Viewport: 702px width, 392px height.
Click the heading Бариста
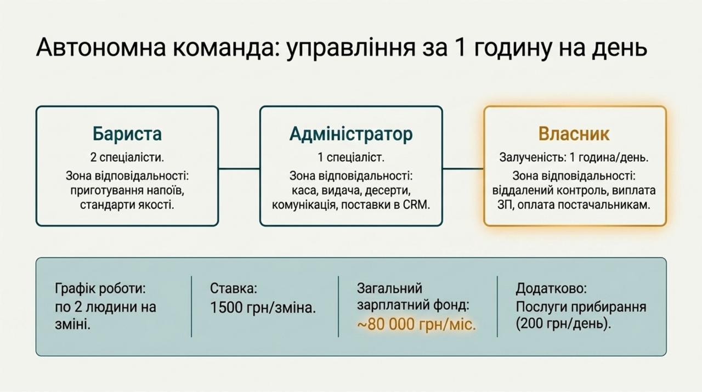coord(127,134)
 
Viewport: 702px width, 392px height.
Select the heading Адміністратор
coord(351,134)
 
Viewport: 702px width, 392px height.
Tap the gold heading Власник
coord(574,134)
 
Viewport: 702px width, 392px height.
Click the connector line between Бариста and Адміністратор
coord(239,169)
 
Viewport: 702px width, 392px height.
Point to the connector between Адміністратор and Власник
coord(463,169)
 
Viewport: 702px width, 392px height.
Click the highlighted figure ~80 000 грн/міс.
coord(416,324)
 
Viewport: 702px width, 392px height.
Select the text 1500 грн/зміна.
coord(263,308)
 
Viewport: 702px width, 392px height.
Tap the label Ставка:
coord(234,288)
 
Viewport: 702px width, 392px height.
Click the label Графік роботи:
coord(100,288)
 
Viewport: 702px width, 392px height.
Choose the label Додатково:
coord(551,288)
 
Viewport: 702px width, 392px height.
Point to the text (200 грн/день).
coord(563,323)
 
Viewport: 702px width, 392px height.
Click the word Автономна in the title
coord(101,47)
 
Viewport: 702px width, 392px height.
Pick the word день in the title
coord(620,48)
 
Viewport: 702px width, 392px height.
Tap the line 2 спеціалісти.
coord(127,157)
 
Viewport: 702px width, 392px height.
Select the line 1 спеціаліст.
coord(351,157)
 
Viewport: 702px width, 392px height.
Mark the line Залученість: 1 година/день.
coord(574,157)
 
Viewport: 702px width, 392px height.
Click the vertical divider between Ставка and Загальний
coord(338,306)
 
